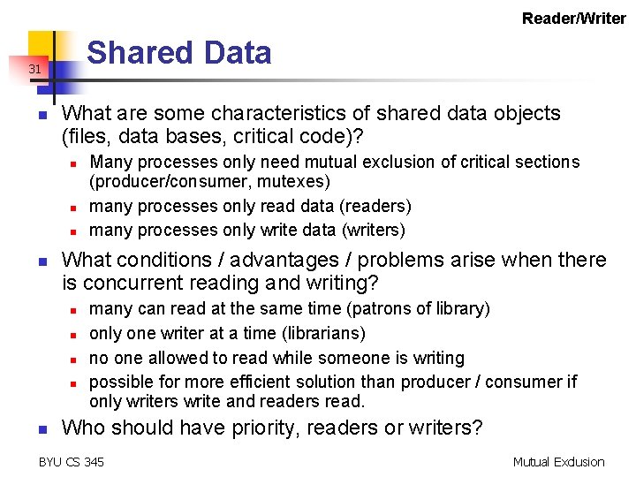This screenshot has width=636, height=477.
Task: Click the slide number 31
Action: coord(34,68)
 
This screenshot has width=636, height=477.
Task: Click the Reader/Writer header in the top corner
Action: coord(573,18)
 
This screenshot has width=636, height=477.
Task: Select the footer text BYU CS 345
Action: coord(72,461)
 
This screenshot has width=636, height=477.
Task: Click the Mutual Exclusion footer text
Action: coord(558,461)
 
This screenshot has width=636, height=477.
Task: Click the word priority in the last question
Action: coord(261,428)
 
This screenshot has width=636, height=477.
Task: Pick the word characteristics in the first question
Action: coord(275,113)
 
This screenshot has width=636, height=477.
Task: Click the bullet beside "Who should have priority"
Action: coord(41,429)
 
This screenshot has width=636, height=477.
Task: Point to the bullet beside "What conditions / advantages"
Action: coord(41,261)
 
